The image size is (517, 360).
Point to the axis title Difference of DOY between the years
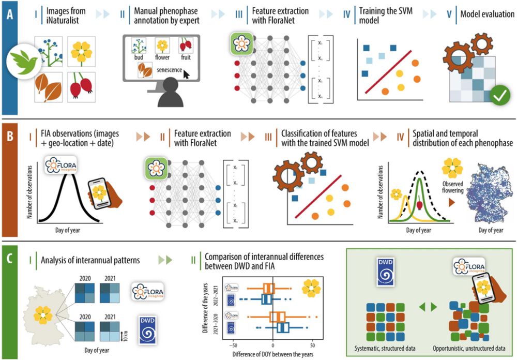tap(273, 354)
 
